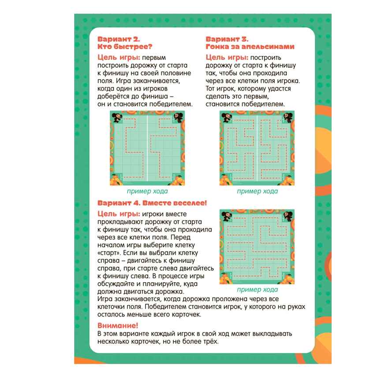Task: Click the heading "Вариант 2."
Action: [x=119, y=39]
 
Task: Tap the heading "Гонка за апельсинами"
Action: [x=250, y=47]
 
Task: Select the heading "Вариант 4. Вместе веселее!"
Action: [x=152, y=203]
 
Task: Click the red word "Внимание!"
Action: [x=118, y=325]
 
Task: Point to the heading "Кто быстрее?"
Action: [x=125, y=47]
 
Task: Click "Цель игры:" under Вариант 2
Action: [x=119, y=57]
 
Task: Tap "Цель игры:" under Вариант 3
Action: [x=227, y=57]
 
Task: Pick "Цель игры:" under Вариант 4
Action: [x=119, y=214]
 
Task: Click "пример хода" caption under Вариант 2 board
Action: [x=147, y=191]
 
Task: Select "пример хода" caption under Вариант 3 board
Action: [x=257, y=191]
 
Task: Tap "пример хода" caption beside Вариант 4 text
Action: [x=257, y=289]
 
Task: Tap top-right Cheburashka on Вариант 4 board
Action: [x=288, y=216]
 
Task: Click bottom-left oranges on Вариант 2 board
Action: [x=116, y=180]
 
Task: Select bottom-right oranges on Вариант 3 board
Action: [x=287, y=180]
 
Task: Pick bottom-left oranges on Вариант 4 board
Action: [x=225, y=279]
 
